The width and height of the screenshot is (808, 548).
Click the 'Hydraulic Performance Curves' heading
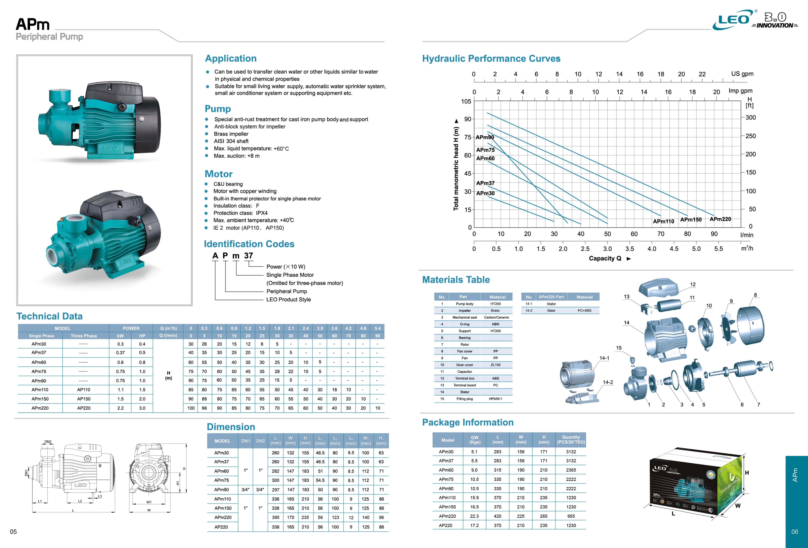491,58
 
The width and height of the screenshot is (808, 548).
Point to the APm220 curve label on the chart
720,219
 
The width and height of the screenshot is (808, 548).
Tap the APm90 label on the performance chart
485,137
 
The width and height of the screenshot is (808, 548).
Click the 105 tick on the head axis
466,102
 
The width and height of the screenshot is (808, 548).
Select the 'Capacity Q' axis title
605,258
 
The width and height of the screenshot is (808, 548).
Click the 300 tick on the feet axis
750,117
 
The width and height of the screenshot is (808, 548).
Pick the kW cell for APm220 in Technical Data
120,408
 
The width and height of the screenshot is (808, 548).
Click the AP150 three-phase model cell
84,399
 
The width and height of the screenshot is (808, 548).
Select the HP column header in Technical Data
142,336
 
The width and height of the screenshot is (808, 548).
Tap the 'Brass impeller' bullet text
231,134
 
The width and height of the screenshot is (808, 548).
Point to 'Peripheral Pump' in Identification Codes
286,291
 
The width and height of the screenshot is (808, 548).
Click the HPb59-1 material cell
496,399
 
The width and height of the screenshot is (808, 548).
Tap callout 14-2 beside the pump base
608,382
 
